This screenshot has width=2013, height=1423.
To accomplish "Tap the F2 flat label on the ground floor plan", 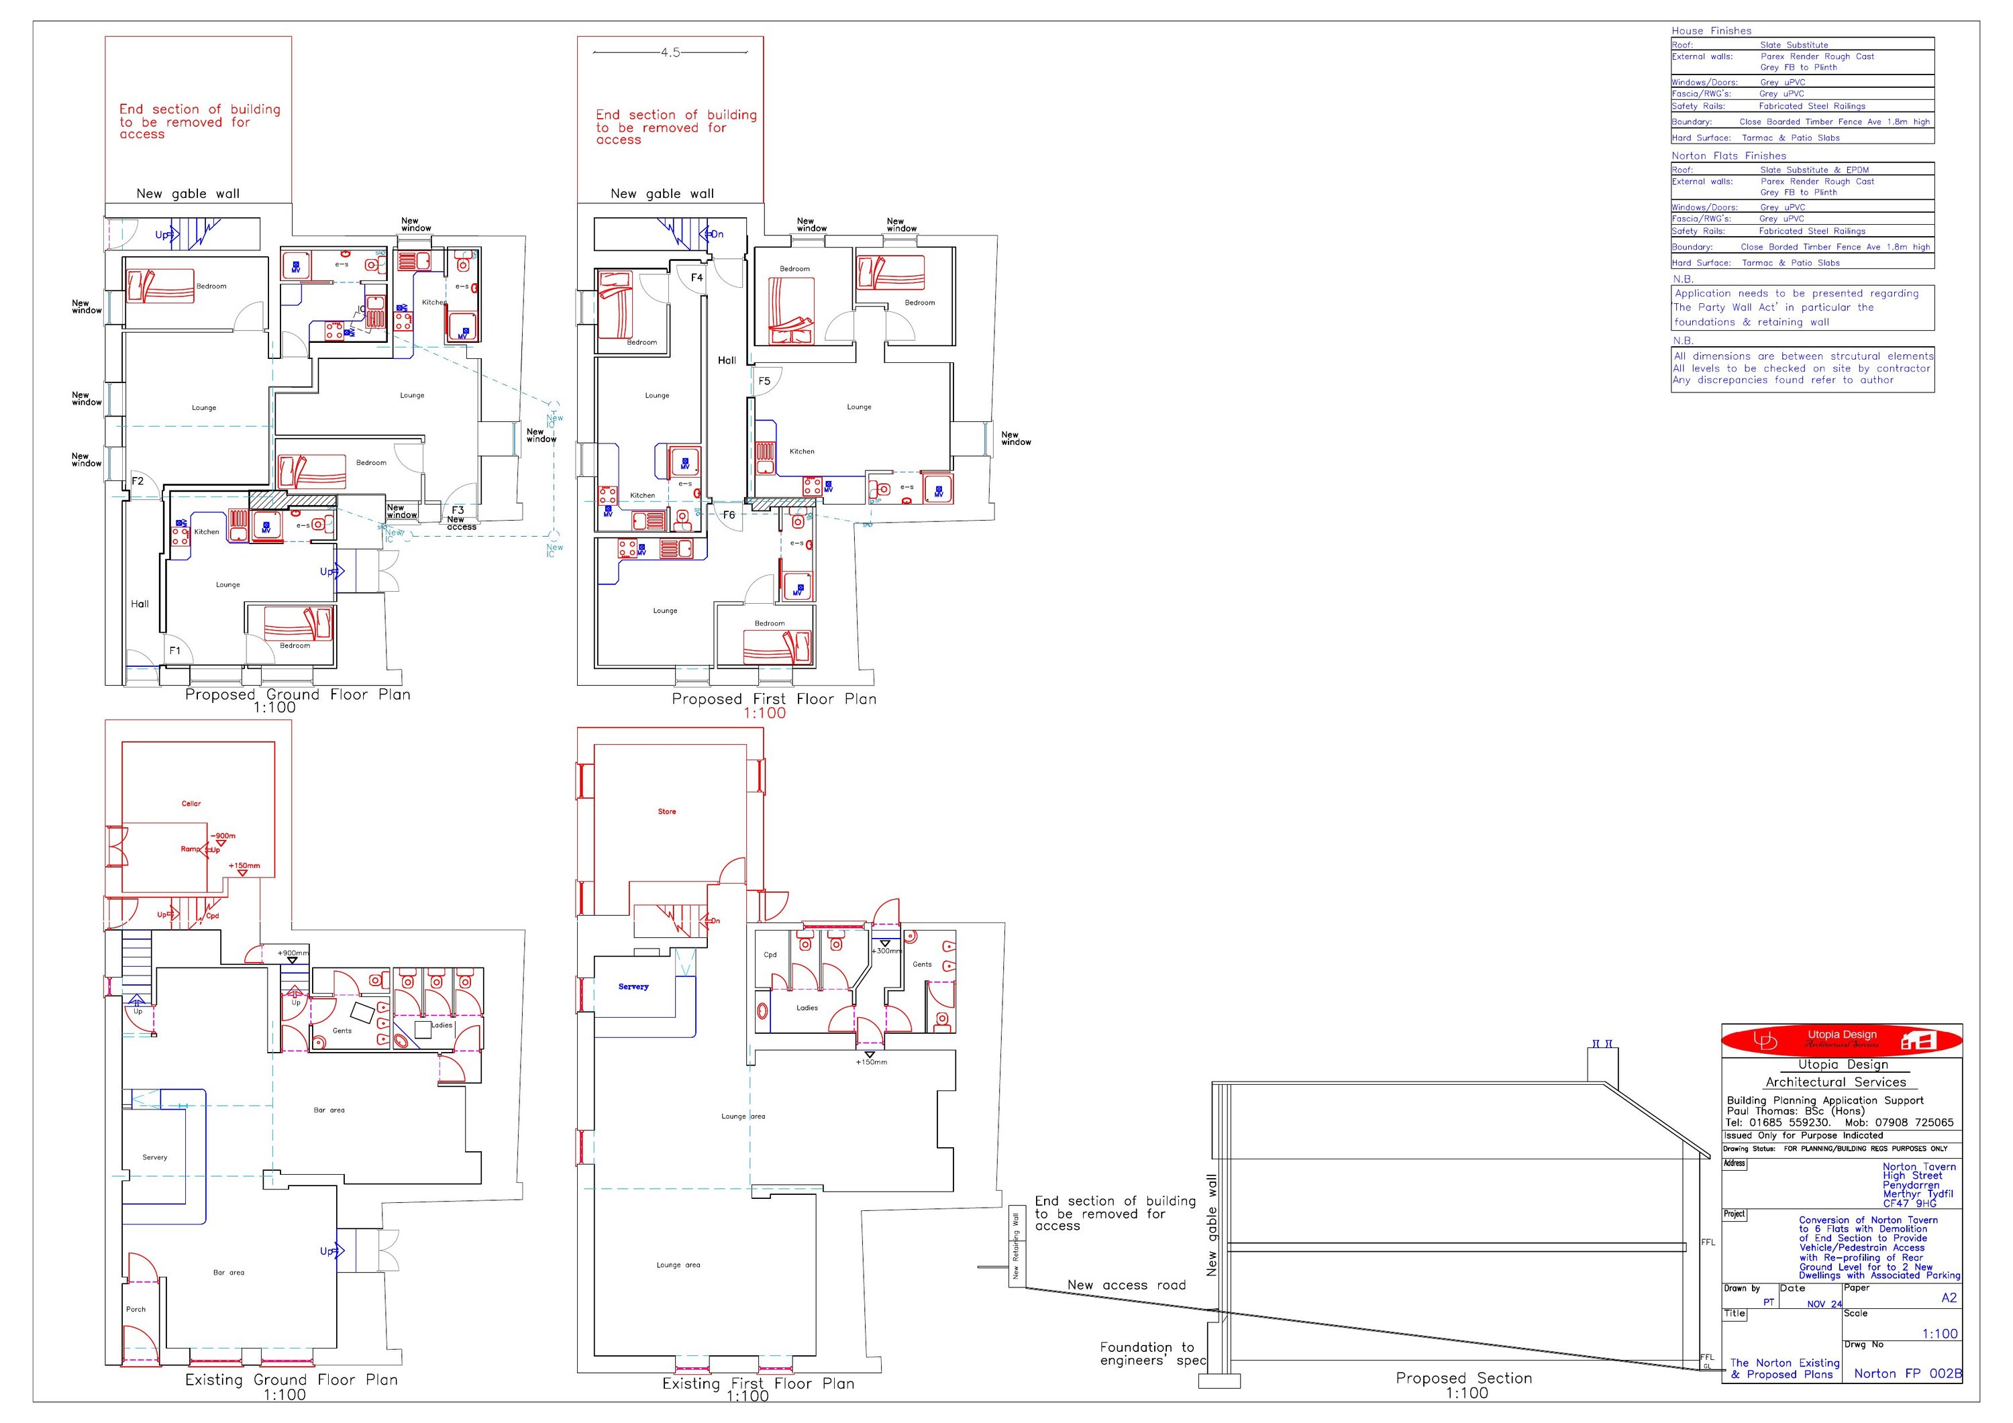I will pos(138,481).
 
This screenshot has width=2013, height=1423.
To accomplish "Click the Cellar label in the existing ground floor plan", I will pos(191,803).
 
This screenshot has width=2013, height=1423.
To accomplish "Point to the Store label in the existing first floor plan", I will pos(667,812).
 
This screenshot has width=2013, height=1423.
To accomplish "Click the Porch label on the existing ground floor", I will pos(136,1309).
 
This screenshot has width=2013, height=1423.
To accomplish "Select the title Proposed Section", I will pos(1463,1378).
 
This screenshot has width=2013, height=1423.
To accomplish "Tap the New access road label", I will pos(1126,1285).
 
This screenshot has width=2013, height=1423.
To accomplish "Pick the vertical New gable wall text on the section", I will pos(1212,1226).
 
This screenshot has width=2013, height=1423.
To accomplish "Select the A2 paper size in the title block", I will pos(1948,1298).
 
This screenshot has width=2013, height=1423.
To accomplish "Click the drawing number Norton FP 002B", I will pos(1908,1374).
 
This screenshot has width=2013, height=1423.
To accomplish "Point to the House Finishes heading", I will pos(1712,31).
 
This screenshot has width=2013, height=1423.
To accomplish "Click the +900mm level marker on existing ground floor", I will pos(293,953).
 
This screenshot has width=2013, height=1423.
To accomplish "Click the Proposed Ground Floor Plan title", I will pos(297,694).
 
